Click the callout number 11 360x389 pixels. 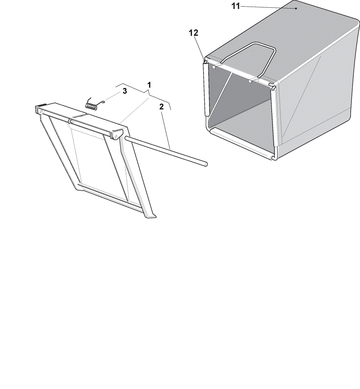[x=235, y=6]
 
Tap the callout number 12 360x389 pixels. [x=194, y=33]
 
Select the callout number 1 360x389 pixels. [x=149, y=85]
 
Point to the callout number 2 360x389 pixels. [x=162, y=107]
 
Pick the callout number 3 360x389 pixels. [x=125, y=91]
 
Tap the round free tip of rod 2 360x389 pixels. [x=205, y=164]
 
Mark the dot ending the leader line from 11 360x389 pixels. [x=296, y=9]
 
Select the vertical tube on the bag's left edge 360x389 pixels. [x=206, y=89]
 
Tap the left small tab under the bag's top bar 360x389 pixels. [x=214, y=67]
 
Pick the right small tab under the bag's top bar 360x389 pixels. [x=251, y=81]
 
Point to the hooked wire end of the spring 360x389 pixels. [x=102, y=101]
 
